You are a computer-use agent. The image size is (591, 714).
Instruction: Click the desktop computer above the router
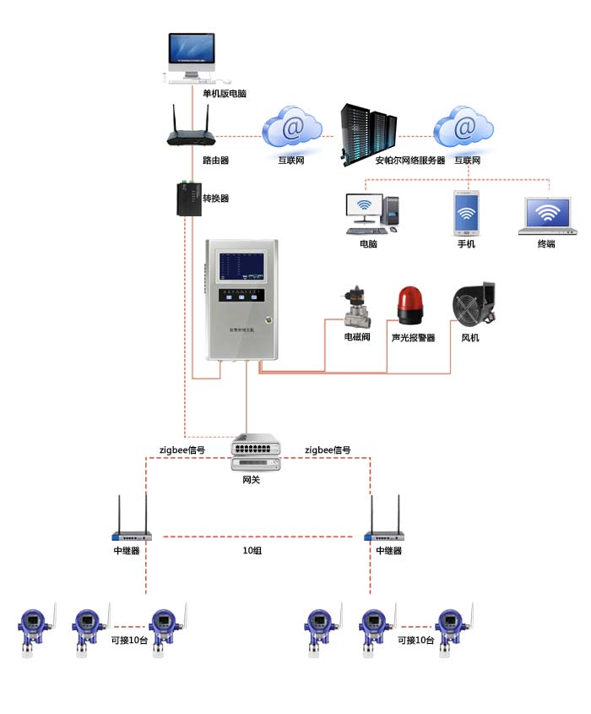pyautogui.click(x=192, y=58)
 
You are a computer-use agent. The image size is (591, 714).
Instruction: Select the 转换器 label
pyautogui.click(x=215, y=199)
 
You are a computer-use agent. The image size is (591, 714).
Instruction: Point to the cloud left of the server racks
pyautogui.click(x=291, y=128)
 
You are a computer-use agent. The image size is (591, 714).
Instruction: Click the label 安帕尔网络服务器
pyautogui.click(x=410, y=160)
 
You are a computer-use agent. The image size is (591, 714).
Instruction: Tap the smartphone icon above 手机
pyautogui.click(x=466, y=213)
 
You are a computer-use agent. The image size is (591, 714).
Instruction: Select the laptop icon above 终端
pyautogui.click(x=547, y=216)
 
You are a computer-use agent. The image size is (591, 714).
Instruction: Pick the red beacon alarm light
pyautogui.click(x=412, y=305)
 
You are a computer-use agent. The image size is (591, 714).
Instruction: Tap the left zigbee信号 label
pyautogui.click(x=182, y=450)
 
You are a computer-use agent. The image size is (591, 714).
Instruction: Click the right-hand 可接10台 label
pyautogui.click(x=415, y=640)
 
